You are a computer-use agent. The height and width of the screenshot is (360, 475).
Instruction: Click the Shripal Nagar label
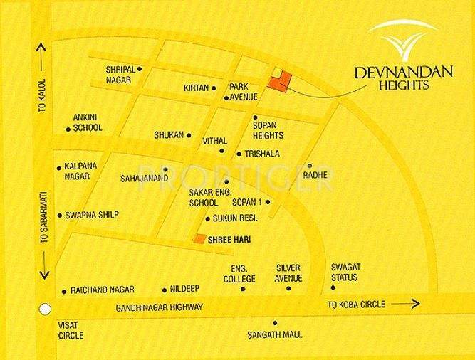point(121,74)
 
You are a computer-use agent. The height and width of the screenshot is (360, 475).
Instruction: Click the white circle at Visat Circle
point(45,309)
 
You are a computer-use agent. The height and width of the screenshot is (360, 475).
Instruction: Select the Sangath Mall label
point(275,334)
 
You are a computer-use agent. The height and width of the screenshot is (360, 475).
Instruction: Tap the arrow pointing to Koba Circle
point(406,305)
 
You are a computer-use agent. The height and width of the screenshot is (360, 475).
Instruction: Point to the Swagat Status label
point(345,272)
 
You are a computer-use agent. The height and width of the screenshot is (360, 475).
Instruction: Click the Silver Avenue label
point(290,272)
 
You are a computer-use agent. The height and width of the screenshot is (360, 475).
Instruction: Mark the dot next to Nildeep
point(165,290)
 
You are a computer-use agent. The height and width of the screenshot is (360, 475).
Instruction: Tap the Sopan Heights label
point(268,130)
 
